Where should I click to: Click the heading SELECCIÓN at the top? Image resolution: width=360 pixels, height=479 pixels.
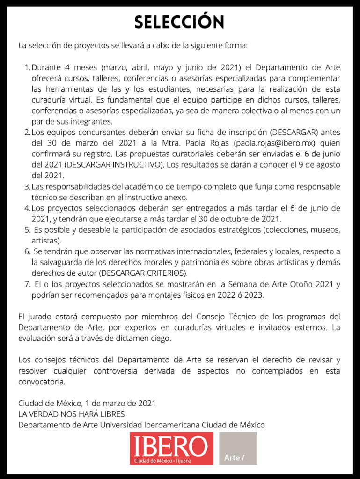(179, 22)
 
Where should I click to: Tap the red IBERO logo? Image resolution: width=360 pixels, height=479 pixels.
(171, 448)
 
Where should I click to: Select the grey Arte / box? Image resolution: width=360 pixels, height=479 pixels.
(238, 448)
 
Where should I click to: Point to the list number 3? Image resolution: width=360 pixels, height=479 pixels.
(27, 186)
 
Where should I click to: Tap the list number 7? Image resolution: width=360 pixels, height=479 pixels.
(27, 284)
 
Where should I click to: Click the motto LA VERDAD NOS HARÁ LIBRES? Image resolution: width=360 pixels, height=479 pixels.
(71, 414)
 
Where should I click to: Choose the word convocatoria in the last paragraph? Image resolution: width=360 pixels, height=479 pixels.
(42, 382)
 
